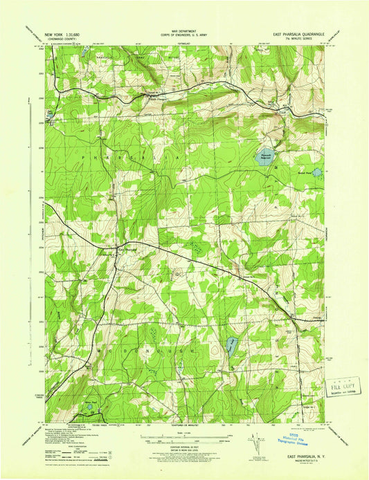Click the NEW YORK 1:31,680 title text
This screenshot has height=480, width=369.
[62, 34]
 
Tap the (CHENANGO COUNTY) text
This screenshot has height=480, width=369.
[62, 39]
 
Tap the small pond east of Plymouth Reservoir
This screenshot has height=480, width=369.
[316, 172]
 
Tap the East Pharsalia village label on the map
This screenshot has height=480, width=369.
[120, 248]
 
